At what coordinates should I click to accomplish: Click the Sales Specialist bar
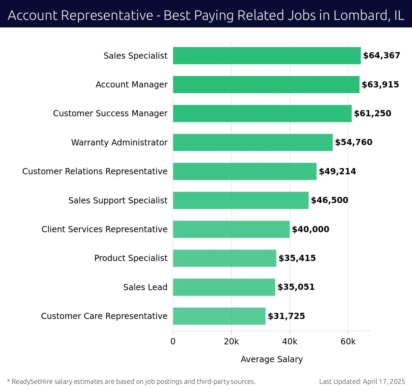(x=267, y=56)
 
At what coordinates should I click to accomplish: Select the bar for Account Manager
(x=266, y=85)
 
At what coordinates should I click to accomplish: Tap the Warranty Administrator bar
(x=253, y=142)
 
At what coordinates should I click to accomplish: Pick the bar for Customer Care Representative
(x=219, y=316)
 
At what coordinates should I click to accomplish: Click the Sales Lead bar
(x=224, y=287)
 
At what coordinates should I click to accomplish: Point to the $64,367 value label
(x=381, y=56)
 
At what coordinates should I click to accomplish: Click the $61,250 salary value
(x=373, y=114)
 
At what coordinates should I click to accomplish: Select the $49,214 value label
(x=337, y=171)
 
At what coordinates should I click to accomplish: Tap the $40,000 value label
(x=310, y=229)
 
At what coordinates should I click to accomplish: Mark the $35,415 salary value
(x=297, y=258)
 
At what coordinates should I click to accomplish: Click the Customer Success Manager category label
(x=110, y=114)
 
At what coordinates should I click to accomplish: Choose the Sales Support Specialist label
(x=118, y=200)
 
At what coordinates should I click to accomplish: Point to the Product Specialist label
(x=131, y=258)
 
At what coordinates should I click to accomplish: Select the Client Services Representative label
(x=104, y=229)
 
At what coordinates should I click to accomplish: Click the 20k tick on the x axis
(x=231, y=342)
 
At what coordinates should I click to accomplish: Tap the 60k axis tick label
(x=348, y=342)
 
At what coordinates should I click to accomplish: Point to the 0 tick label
(x=173, y=342)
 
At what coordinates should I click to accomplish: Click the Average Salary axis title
(x=272, y=359)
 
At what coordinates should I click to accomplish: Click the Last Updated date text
(x=362, y=381)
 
